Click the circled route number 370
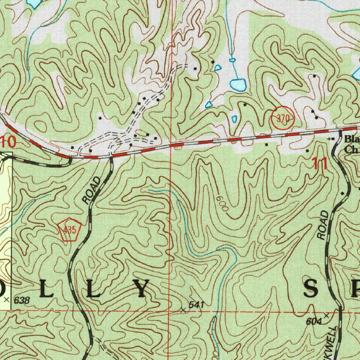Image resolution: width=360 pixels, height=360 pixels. [x=283, y=119]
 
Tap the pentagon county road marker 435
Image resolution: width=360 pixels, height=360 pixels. [x=70, y=230]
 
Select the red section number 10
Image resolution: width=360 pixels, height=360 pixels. [x=8, y=142]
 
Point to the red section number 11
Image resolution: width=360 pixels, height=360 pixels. [x=319, y=164]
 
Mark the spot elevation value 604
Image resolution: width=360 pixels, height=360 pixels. [x=314, y=321]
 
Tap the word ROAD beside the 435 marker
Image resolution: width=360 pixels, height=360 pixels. [x=92, y=190]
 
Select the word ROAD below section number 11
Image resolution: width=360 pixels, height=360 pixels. [x=323, y=225]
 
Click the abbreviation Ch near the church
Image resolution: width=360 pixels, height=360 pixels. [x=350, y=149]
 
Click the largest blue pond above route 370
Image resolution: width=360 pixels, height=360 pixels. [x=238, y=85]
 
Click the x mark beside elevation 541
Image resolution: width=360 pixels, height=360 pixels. [x=182, y=310]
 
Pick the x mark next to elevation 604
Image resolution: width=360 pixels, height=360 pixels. [x=327, y=315]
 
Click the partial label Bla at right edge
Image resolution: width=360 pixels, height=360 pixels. [x=352, y=138]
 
